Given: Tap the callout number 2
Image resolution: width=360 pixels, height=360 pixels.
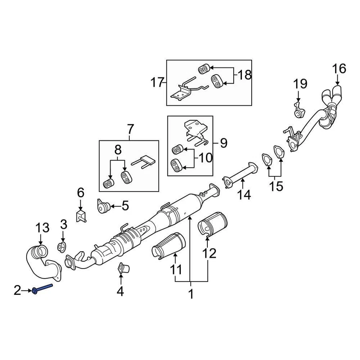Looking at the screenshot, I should tap(17, 290).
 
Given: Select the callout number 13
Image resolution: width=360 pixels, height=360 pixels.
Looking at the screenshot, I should tap(42, 227).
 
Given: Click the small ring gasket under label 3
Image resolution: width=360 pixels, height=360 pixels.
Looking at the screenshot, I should tap(61, 247).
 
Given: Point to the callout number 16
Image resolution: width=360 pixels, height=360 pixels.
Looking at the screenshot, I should tap(339, 69).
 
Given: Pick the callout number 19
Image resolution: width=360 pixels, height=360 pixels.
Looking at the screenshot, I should tap(300, 83).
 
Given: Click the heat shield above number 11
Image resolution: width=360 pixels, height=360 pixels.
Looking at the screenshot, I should tap(168, 246).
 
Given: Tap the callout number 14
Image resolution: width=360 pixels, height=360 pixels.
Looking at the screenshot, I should tap(244, 195).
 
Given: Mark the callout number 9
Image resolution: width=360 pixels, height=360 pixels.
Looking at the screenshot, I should tap(223, 143).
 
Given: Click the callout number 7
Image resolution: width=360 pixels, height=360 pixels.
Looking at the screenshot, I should tap(130, 129).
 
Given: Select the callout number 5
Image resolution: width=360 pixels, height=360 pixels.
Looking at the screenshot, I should tap(124, 205).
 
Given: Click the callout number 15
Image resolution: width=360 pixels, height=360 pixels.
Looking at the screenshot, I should tap(277, 186).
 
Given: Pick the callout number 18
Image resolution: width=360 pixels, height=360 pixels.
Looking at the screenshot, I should tap(244, 75).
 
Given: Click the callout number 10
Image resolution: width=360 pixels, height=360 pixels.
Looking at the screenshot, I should tap(205, 157).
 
